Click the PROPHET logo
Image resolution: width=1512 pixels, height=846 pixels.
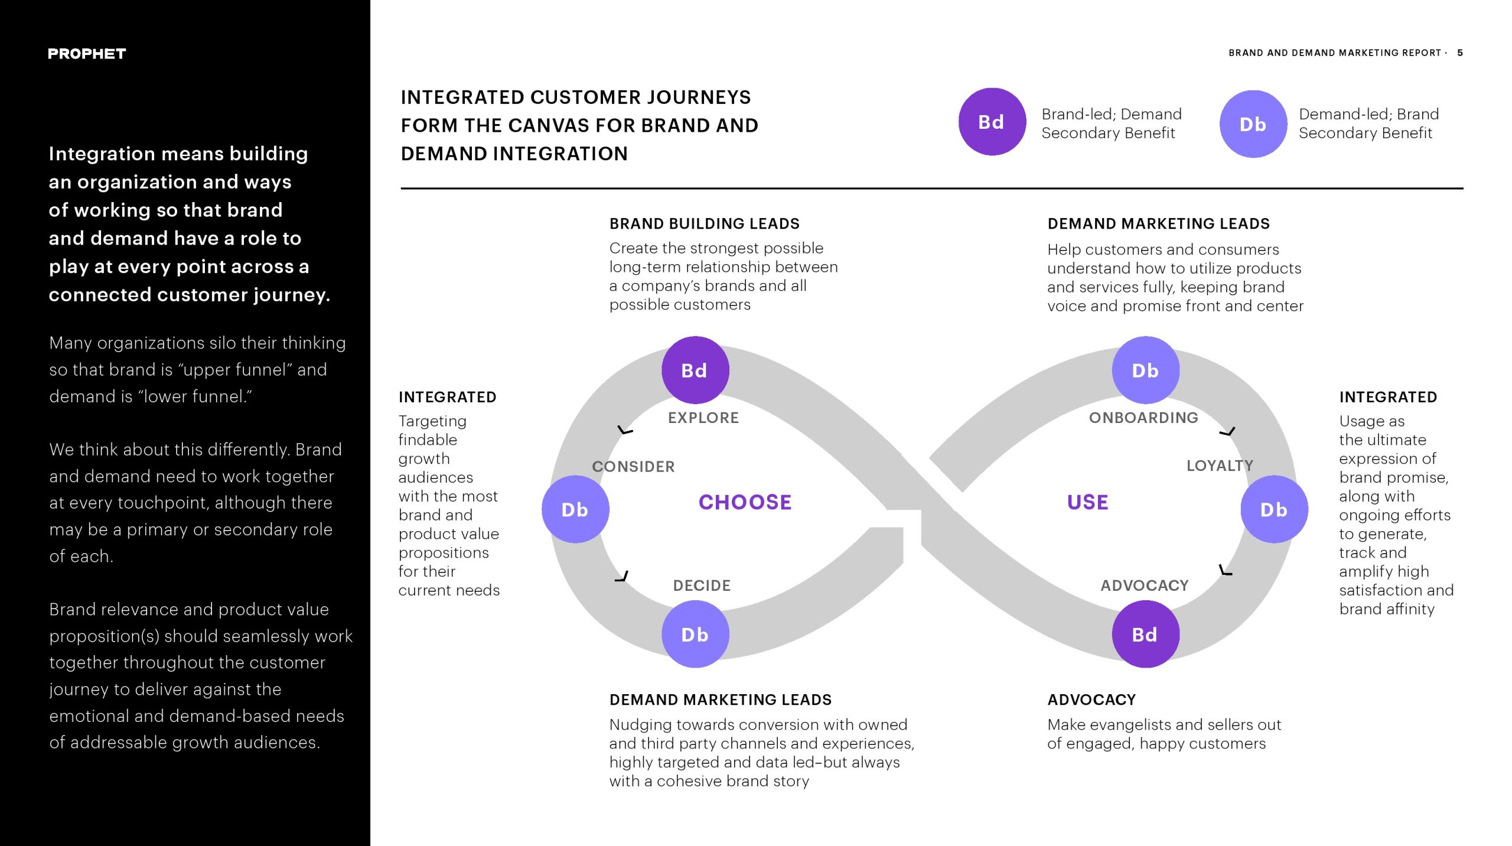pyautogui.click(x=87, y=54)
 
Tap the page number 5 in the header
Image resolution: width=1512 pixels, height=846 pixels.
pyautogui.click(x=1460, y=53)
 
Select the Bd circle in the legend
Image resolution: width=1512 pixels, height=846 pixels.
pyautogui.click(x=992, y=122)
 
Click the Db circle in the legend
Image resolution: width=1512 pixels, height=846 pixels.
pyautogui.click(x=1253, y=124)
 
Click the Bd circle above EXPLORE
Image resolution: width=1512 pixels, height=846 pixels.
pyautogui.click(x=695, y=370)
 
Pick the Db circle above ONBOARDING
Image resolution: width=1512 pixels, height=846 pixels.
pyautogui.click(x=1145, y=370)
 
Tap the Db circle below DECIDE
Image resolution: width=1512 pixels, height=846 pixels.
pyautogui.click(x=695, y=634)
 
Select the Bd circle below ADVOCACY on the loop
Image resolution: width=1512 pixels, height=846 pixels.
pyautogui.click(x=1145, y=634)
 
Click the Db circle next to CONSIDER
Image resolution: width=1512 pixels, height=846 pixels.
pyautogui.click(x=575, y=509)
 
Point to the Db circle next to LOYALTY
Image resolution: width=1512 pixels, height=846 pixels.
pyautogui.click(x=1274, y=509)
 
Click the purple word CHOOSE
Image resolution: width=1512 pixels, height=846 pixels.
pyautogui.click(x=745, y=502)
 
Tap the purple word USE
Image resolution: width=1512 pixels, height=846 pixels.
pyautogui.click(x=1087, y=502)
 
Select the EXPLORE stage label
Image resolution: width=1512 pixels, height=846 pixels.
pyautogui.click(x=703, y=418)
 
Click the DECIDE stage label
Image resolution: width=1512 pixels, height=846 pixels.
pyautogui.click(x=702, y=585)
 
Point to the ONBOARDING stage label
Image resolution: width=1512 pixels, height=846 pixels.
pyautogui.click(x=1143, y=418)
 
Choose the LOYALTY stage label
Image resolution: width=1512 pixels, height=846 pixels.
pyautogui.click(x=1220, y=466)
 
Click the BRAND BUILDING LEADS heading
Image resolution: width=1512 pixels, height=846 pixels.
pyautogui.click(x=704, y=223)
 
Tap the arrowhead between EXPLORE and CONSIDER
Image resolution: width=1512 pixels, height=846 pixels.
pyautogui.click(x=624, y=430)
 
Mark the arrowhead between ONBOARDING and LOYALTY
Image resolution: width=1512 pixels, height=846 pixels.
pyautogui.click(x=1228, y=432)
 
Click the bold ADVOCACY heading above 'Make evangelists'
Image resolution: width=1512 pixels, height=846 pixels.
pyautogui.click(x=1091, y=699)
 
